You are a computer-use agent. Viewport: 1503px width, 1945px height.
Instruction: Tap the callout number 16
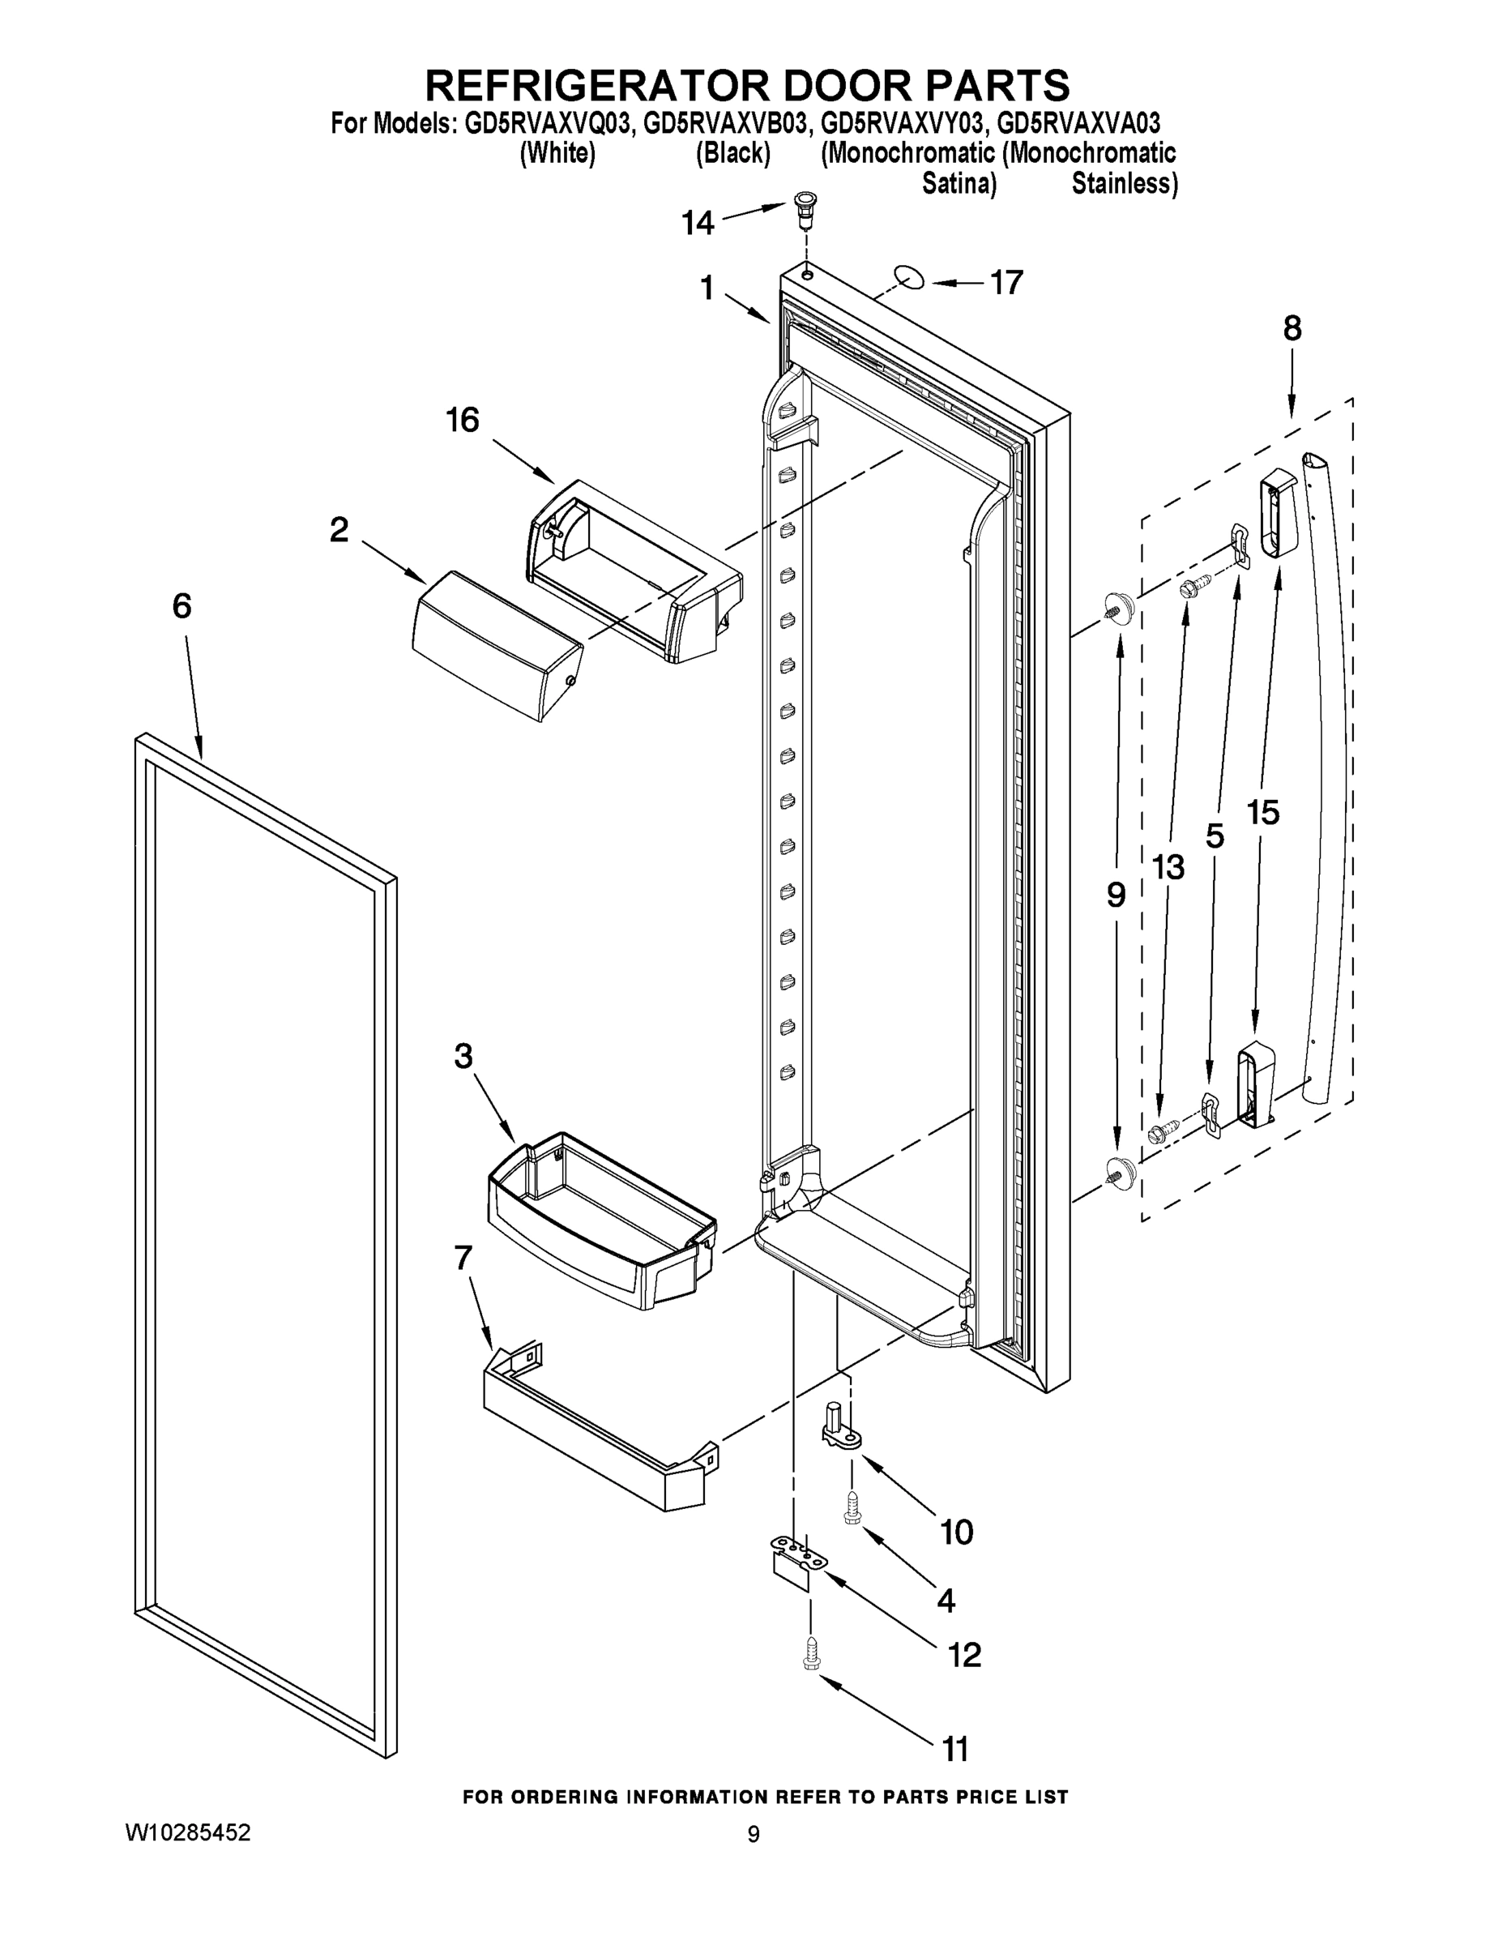[462, 420]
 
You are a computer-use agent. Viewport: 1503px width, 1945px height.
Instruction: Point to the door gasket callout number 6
[181, 606]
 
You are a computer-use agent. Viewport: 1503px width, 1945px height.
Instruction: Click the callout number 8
[1291, 328]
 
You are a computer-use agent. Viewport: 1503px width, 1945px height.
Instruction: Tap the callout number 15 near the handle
[1262, 811]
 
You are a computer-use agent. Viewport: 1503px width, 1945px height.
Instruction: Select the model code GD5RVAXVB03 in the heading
[725, 122]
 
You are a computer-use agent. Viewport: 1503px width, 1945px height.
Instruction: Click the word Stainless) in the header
[1124, 184]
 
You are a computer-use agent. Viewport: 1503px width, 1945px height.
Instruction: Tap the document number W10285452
[188, 1833]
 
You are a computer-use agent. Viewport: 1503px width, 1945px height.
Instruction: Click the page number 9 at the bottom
[754, 1835]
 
